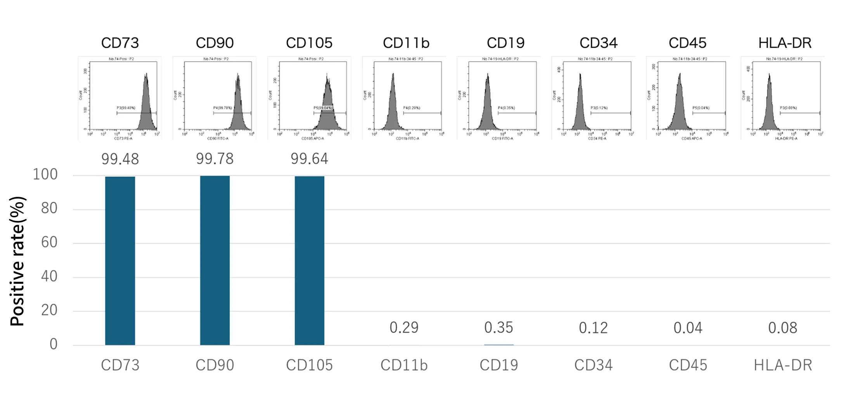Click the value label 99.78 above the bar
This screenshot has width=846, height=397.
[215, 159]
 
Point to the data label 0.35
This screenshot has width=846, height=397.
[498, 328]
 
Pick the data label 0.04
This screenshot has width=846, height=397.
[688, 328]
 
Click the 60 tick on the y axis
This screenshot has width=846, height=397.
[49, 243]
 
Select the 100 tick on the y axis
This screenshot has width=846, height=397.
[45, 175]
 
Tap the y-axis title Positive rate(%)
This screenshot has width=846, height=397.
[17, 261]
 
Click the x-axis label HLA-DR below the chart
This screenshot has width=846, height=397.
[783, 365]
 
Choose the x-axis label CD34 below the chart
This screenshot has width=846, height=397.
[593, 365]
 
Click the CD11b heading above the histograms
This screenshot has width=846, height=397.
[406, 43]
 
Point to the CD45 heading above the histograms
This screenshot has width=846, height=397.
[687, 43]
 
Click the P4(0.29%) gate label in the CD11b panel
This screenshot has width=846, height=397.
[412, 108]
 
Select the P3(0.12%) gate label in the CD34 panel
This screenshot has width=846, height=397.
[599, 108]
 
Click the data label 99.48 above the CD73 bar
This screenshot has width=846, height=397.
[120, 159]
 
